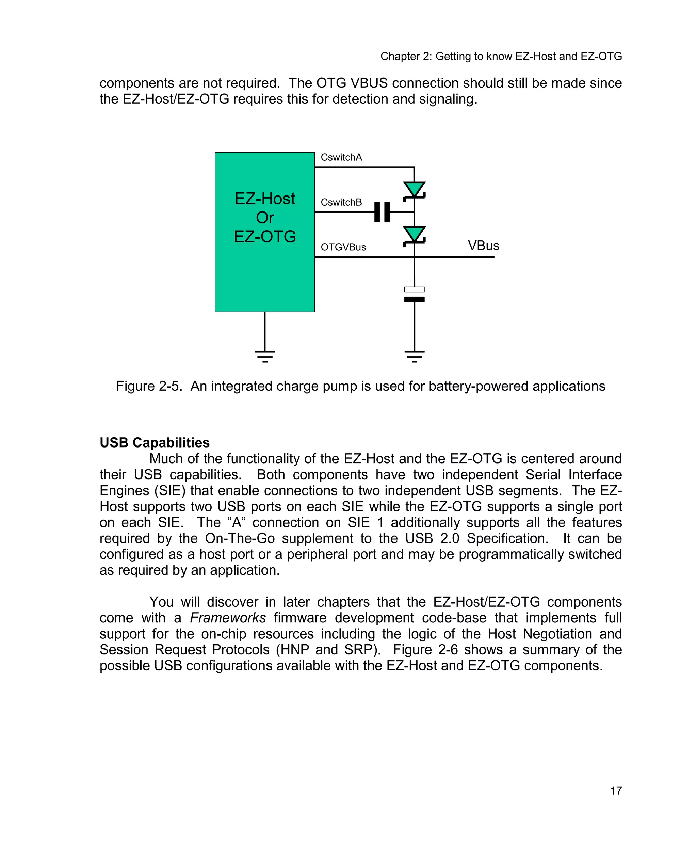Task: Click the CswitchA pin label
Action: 341,157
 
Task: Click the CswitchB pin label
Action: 341,203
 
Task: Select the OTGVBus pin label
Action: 343,248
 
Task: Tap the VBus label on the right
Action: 483,246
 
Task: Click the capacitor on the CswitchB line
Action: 382,212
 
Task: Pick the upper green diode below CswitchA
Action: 414,190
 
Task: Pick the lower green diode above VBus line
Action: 414,235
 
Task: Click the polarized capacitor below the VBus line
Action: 414,295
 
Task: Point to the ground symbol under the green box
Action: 265,356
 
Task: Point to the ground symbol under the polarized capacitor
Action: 414,356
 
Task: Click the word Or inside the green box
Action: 265,218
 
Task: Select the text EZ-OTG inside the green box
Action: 265,237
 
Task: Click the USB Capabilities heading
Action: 155,443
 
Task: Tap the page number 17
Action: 616,791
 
